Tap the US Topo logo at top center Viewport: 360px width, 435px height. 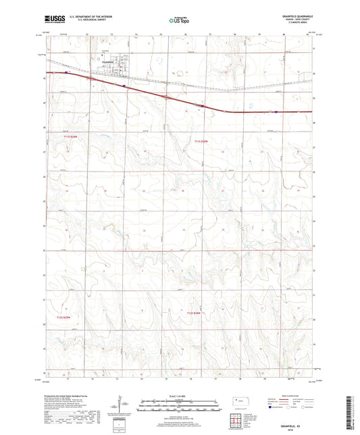coord(178,20)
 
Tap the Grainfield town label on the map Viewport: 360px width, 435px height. coord(105,59)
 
